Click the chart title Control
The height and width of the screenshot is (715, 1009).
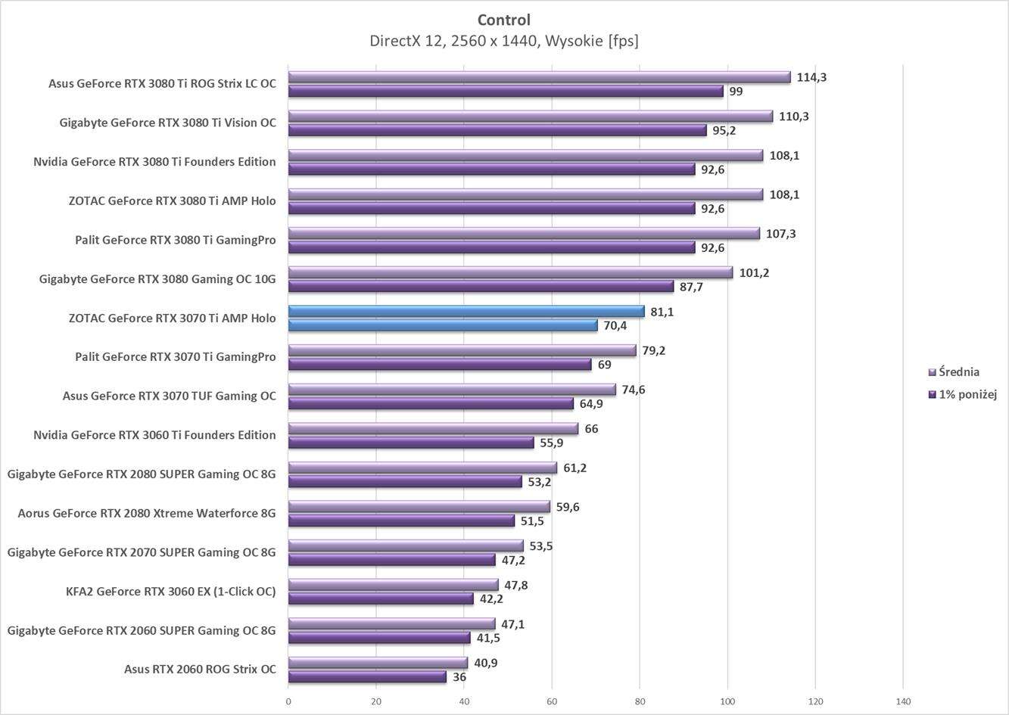[503, 20]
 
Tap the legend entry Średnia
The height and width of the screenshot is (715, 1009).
[958, 371]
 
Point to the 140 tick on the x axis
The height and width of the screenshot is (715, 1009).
[903, 701]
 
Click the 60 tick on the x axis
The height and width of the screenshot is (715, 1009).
[552, 701]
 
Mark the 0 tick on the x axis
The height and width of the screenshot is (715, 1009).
[288, 701]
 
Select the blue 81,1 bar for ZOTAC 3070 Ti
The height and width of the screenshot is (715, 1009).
[466, 311]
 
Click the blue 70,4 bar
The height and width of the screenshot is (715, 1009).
[443, 325]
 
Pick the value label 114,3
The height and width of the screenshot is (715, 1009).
[811, 77]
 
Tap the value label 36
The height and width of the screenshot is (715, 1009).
[459, 677]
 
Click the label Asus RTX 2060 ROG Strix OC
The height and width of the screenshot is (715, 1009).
[200, 670]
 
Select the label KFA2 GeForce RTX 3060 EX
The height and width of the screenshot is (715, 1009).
[170, 592]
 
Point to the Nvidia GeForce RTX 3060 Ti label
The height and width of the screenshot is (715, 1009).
[154, 435]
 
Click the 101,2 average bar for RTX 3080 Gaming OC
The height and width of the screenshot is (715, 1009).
[510, 272]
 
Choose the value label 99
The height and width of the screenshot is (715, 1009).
[736, 92]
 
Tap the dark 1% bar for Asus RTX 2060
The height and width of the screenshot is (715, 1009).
[367, 677]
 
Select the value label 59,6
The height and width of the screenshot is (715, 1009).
[568, 507]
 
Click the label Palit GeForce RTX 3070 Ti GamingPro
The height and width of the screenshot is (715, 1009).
[175, 357]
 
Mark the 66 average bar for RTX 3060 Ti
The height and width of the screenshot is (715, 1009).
[433, 428]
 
